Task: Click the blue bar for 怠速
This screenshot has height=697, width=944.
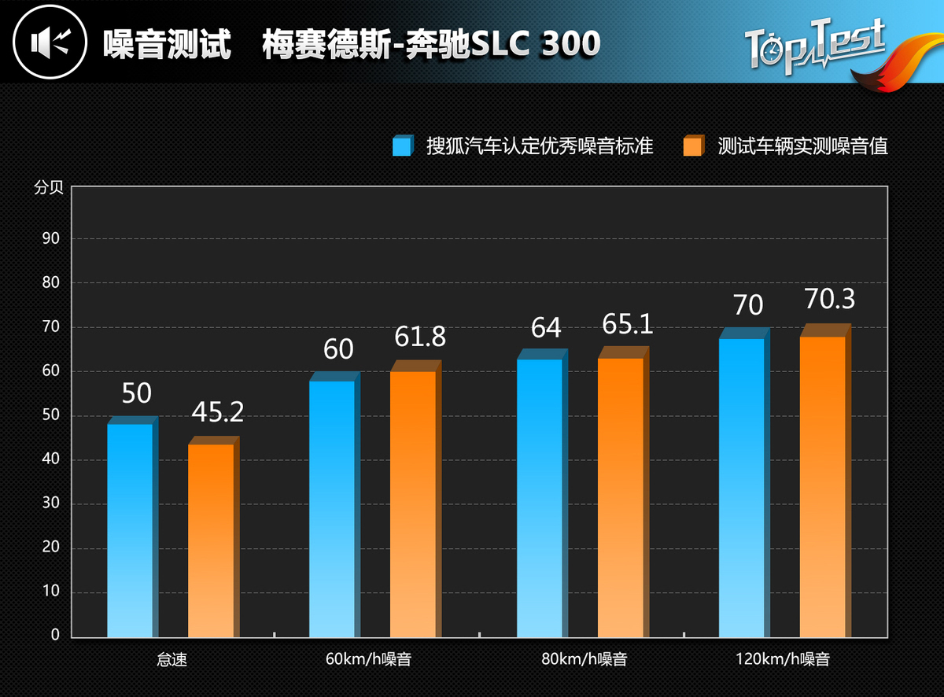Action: point(131,530)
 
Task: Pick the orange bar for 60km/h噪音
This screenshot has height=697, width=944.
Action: point(413,503)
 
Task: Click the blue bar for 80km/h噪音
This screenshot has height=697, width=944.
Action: point(540,498)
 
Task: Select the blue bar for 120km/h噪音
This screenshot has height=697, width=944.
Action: point(742,488)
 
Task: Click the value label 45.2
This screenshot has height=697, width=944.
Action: point(217,411)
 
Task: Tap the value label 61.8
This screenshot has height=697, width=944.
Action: point(419,337)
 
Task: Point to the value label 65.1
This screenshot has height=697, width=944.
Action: point(627,323)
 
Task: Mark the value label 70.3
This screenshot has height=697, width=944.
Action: point(829,299)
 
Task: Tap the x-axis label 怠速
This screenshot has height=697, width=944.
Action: point(172,659)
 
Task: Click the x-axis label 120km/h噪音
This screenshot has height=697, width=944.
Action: point(783,659)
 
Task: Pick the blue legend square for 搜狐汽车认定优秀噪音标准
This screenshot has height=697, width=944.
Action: point(402,146)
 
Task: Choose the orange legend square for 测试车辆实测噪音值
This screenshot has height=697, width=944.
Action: point(693,146)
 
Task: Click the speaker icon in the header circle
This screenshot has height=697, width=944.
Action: point(49,42)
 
